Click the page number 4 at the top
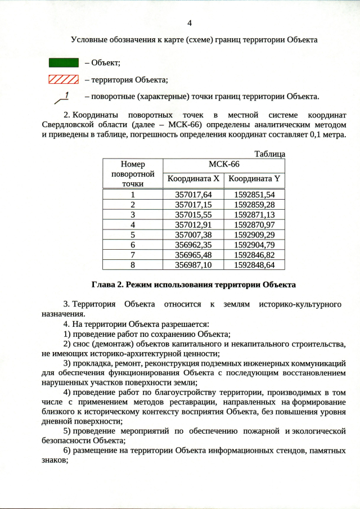coord(189,22)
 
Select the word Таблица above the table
coord(269,154)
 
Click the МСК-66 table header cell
coord(224,165)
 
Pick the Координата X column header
coord(193,179)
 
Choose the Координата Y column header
coord(254,179)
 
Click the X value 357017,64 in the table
coord(193,195)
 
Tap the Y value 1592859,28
coord(254,204)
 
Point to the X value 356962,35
coord(193,245)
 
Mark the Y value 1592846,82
coord(254,254)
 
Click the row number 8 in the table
coord(133,264)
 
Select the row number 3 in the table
coord(133,214)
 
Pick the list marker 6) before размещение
coord(67,451)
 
